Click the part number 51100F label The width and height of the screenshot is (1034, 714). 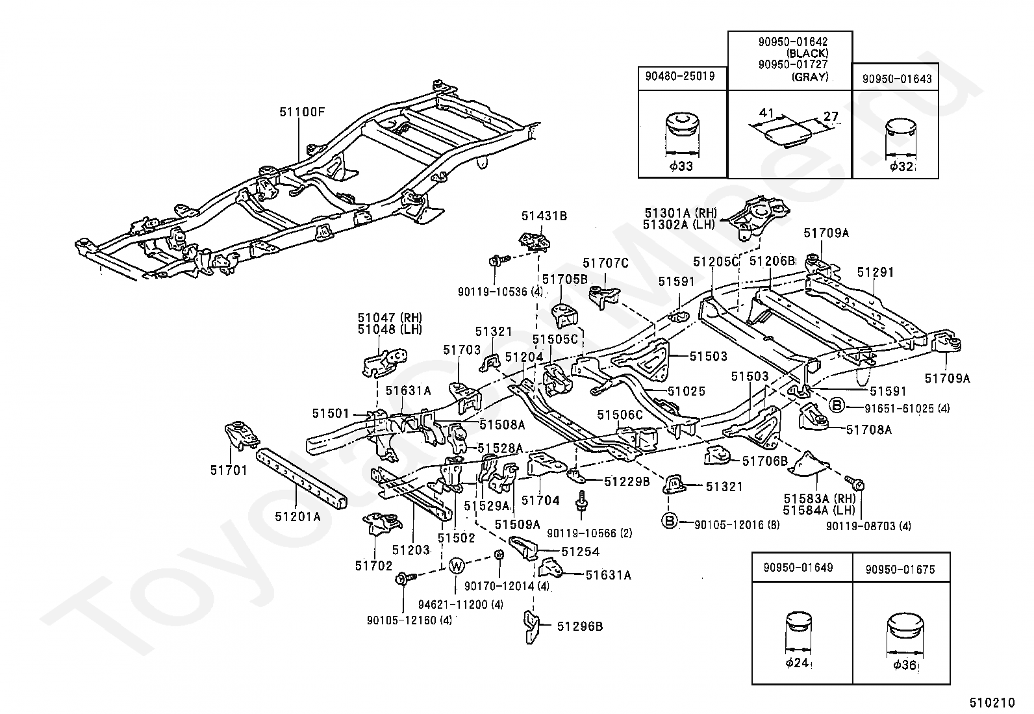(x=302, y=112)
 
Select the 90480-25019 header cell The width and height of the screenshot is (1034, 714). (x=682, y=78)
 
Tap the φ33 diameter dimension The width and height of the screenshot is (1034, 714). (x=681, y=166)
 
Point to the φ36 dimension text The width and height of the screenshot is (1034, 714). (x=904, y=665)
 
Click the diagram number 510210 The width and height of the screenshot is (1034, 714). (x=992, y=702)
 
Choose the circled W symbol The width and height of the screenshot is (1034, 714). (x=456, y=565)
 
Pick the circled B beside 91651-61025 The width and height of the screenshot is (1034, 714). (x=837, y=405)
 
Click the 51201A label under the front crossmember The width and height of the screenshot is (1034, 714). (x=297, y=516)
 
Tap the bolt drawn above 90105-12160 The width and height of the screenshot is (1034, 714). (x=405, y=578)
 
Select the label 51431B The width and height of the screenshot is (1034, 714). (x=544, y=216)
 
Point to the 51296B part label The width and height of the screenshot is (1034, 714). (x=580, y=626)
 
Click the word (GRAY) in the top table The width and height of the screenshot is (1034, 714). (x=810, y=77)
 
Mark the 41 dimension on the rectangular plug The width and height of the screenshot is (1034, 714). (x=766, y=112)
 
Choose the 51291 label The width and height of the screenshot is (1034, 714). (x=876, y=272)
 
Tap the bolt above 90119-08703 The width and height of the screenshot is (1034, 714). (x=855, y=483)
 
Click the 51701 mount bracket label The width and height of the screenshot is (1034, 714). (x=229, y=470)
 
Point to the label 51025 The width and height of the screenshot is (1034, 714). (x=687, y=391)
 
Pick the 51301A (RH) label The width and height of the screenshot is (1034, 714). (x=681, y=213)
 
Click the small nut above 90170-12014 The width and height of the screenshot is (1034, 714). (x=499, y=554)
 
